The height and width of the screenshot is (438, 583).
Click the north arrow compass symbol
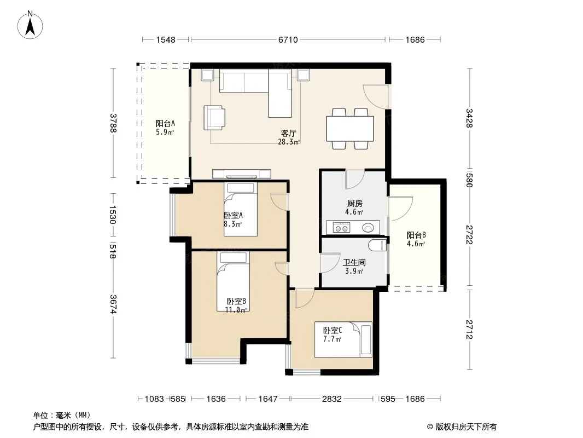(x=30, y=25)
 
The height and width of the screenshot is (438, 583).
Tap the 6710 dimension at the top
(x=288, y=39)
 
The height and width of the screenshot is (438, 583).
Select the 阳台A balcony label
(x=165, y=124)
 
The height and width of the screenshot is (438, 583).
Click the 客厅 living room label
(x=289, y=133)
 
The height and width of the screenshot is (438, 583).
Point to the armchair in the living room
(x=214, y=118)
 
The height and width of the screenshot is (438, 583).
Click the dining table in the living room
(x=350, y=129)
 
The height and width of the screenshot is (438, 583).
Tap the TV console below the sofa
(x=242, y=174)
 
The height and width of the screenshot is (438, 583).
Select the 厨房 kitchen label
(x=355, y=204)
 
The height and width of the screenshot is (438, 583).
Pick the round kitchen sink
(x=368, y=227)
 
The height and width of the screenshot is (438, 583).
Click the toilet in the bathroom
(x=377, y=245)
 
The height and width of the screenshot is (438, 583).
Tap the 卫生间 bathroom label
(x=354, y=262)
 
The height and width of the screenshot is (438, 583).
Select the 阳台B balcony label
(x=416, y=235)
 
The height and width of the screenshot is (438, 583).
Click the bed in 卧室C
(x=343, y=340)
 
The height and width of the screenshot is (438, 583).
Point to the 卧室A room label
(x=234, y=216)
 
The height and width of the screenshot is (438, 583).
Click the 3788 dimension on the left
(x=114, y=123)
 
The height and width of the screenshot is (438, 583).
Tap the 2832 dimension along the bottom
(x=331, y=399)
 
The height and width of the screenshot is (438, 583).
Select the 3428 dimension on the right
(x=469, y=118)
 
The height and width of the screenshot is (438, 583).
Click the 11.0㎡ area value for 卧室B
(x=236, y=310)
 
